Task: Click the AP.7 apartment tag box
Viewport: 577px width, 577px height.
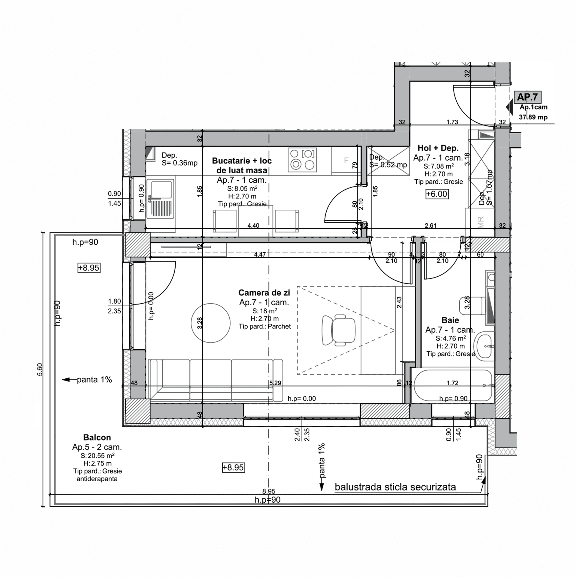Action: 527,97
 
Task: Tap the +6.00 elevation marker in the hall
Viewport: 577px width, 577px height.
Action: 437,194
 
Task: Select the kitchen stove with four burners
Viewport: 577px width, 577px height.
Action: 302,160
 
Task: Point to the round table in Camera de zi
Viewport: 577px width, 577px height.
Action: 210,323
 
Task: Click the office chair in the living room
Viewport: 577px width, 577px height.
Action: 338,330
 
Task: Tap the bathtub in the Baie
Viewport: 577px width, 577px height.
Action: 453,386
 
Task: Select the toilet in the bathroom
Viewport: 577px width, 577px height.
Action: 472,306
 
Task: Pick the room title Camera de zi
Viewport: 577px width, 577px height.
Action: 264,293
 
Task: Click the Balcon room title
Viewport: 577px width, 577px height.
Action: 97,438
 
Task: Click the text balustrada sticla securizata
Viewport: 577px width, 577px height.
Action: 395,487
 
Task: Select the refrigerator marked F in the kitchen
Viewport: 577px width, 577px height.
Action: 346,161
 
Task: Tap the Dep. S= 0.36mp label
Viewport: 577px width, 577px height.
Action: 179,159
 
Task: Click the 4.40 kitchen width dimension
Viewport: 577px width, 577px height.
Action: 253,225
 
